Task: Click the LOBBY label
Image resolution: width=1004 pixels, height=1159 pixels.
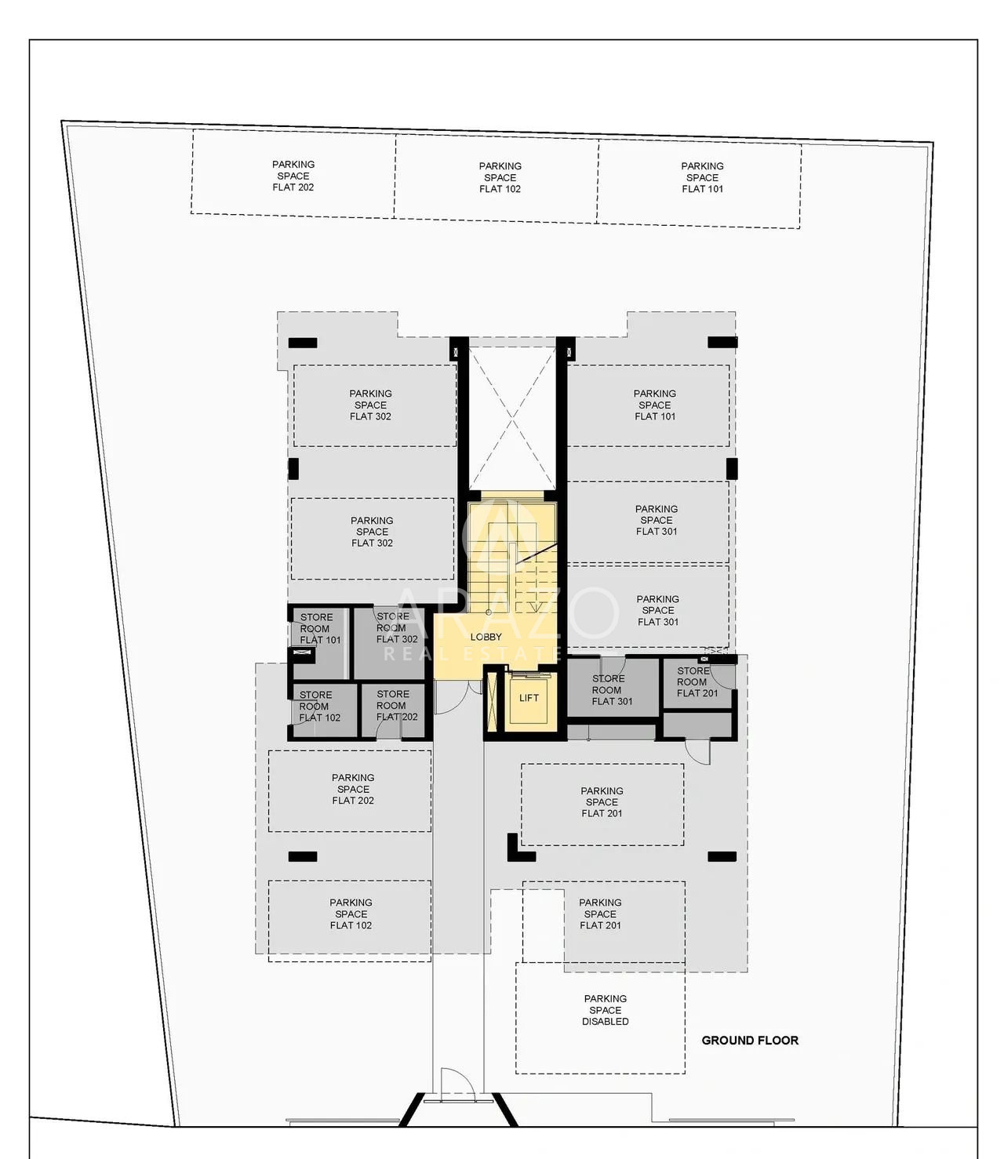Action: point(486,637)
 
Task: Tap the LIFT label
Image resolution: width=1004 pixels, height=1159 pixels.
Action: point(529,698)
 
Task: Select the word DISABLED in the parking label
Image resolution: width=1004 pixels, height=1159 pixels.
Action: point(606,1022)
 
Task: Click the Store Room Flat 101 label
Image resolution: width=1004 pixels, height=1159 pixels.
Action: point(318,629)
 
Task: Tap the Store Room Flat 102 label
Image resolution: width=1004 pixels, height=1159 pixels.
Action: point(318,707)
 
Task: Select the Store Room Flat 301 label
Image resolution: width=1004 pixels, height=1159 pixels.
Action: point(611,690)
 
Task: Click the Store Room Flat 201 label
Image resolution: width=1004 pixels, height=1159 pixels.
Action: point(697,681)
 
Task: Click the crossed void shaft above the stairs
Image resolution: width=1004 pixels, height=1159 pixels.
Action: point(512,418)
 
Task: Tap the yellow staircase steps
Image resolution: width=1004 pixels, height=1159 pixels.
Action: point(512,555)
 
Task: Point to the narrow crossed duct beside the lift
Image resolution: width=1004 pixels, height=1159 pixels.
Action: point(493,700)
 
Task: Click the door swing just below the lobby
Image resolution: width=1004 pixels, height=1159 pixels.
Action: point(452,697)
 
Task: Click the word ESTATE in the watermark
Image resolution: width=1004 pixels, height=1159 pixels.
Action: point(516,654)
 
